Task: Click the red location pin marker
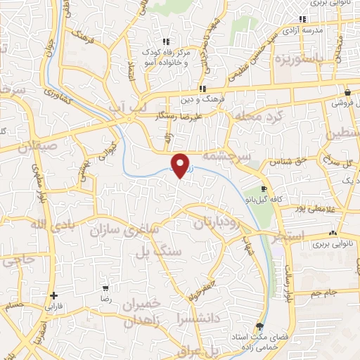[181, 165]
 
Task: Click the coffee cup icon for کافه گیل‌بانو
[264, 189]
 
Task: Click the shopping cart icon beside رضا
[105, 288]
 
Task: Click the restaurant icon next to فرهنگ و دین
[202, 89]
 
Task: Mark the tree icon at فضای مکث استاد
[259, 326]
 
